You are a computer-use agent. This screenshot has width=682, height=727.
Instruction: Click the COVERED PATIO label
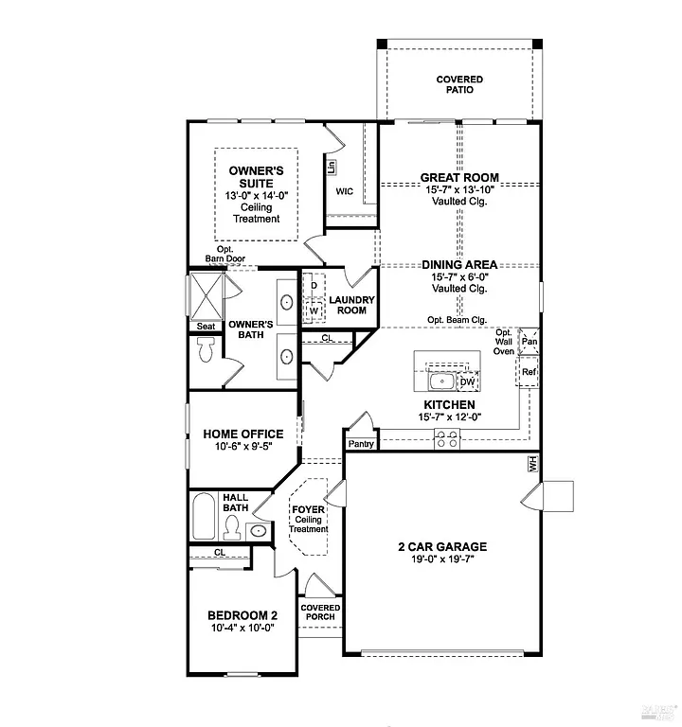tap(459, 85)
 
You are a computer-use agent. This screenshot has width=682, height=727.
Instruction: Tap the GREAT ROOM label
tap(459, 177)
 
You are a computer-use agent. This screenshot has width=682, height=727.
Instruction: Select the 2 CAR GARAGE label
tap(442, 546)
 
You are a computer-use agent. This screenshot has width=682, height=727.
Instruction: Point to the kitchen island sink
tap(440, 381)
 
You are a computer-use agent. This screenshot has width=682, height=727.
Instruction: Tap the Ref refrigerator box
tap(529, 372)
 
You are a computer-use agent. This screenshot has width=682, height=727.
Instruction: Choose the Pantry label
tap(360, 443)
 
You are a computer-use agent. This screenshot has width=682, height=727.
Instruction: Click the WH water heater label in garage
tap(532, 464)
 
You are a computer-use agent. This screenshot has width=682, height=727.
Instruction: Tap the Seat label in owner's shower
tap(206, 326)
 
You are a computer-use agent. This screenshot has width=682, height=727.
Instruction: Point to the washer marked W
tap(314, 310)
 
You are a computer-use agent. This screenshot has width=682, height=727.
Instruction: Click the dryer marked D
tap(314, 285)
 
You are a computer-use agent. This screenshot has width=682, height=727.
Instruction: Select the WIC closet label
tap(345, 191)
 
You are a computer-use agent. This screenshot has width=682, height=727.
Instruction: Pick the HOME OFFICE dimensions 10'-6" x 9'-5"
tap(243, 448)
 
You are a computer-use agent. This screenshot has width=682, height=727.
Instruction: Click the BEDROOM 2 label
tap(242, 614)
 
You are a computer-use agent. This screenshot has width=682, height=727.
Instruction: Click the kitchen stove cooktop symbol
tap(447, 438)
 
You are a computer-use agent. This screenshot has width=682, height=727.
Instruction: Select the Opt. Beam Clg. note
tap(458, 319)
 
